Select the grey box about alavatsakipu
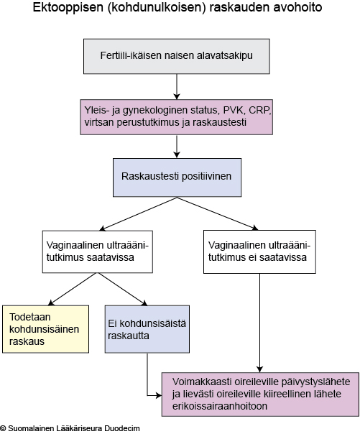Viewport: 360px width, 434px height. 177,56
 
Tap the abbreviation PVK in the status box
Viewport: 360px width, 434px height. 234,110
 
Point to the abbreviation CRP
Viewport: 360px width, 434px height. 259,110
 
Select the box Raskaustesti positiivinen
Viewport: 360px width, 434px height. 177,177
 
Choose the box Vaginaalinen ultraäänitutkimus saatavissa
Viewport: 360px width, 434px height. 98,251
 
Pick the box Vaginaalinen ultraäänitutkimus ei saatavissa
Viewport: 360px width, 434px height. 259,251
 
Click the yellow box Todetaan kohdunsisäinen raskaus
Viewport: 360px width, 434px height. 46,329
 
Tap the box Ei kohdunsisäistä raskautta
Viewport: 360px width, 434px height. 147,329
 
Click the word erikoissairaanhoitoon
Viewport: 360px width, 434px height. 220,406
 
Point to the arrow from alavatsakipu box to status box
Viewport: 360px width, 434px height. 177,87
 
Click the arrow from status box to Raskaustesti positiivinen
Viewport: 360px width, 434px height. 177,147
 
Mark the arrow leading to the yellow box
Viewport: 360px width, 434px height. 73,289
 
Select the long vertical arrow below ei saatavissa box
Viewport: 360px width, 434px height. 259,323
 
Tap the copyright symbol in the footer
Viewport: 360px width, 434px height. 3,428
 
